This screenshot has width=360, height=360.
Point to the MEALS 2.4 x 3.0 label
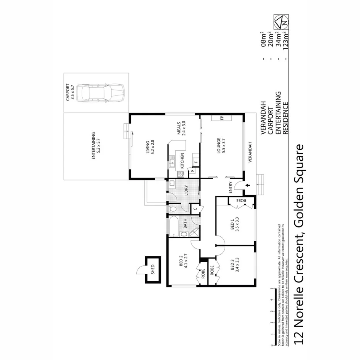point(182,128)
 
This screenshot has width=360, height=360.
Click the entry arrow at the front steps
point(248,186)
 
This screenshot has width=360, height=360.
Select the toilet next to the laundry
point(173,209)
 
